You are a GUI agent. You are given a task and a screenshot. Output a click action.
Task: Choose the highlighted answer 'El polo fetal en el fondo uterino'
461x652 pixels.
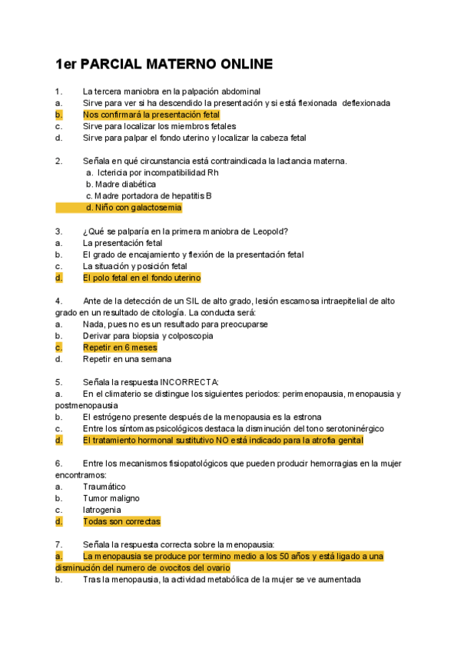(141, 278)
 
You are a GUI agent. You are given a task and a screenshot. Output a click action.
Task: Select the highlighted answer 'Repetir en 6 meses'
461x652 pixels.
(120, 348)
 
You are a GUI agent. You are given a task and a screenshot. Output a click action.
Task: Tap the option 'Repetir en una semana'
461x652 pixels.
(127, 359)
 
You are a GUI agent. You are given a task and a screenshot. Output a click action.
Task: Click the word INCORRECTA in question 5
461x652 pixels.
(189, 382)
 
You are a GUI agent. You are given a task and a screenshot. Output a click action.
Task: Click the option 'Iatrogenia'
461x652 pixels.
(101, 510)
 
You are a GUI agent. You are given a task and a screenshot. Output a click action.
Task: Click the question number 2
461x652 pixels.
(58, 161)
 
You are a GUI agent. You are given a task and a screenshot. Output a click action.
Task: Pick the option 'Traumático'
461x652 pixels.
(104, 487)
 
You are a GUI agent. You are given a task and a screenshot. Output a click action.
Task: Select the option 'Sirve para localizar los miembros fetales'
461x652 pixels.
(159, 126)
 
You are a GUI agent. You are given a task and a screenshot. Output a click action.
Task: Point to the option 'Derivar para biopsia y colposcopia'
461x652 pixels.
(148, 336)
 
